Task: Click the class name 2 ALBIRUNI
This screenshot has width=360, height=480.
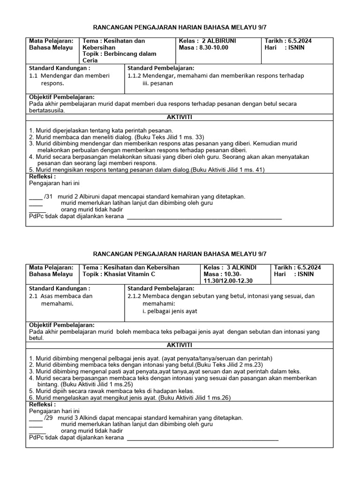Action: (x=219, y=41)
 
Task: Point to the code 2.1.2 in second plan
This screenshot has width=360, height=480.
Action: (x=135, y=296)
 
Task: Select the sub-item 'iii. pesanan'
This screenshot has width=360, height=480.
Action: (x=157, y=83)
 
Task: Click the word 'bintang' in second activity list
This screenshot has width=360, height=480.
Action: (x=48, y=384)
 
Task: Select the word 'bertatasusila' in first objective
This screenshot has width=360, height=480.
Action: (x=47, y=110)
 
